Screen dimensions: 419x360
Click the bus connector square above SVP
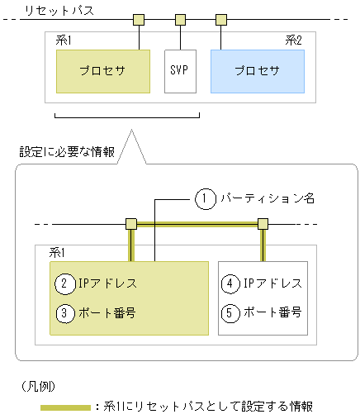coord(180,19)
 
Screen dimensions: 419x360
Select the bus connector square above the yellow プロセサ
coord(140,19)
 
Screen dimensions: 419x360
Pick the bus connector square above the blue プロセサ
coord(220,19)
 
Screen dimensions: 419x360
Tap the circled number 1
coord(205,198)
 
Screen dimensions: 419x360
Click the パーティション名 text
coord(264,198)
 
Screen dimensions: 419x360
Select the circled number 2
coord(65,283)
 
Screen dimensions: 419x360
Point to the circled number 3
coord(65,313)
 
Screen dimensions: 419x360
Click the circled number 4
coord(231,283)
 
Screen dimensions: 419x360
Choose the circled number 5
coord(231,313)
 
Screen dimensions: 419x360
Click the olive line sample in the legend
coord(65,407)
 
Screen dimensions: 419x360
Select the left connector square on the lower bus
coord(130,224)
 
